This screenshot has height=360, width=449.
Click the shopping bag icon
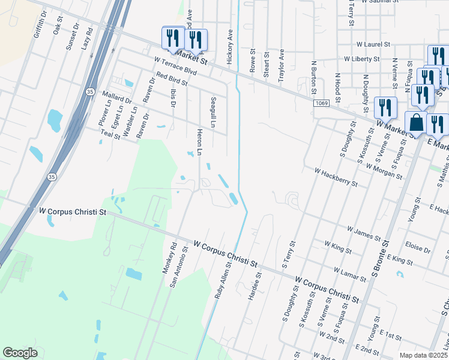[x=416, y=123]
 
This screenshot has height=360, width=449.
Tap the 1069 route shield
[x=321, y=104]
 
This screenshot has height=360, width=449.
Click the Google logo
[x=20, y=353]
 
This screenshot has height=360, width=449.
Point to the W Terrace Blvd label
[x=175, y=65]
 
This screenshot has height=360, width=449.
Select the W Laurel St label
[x=373, y=44]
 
